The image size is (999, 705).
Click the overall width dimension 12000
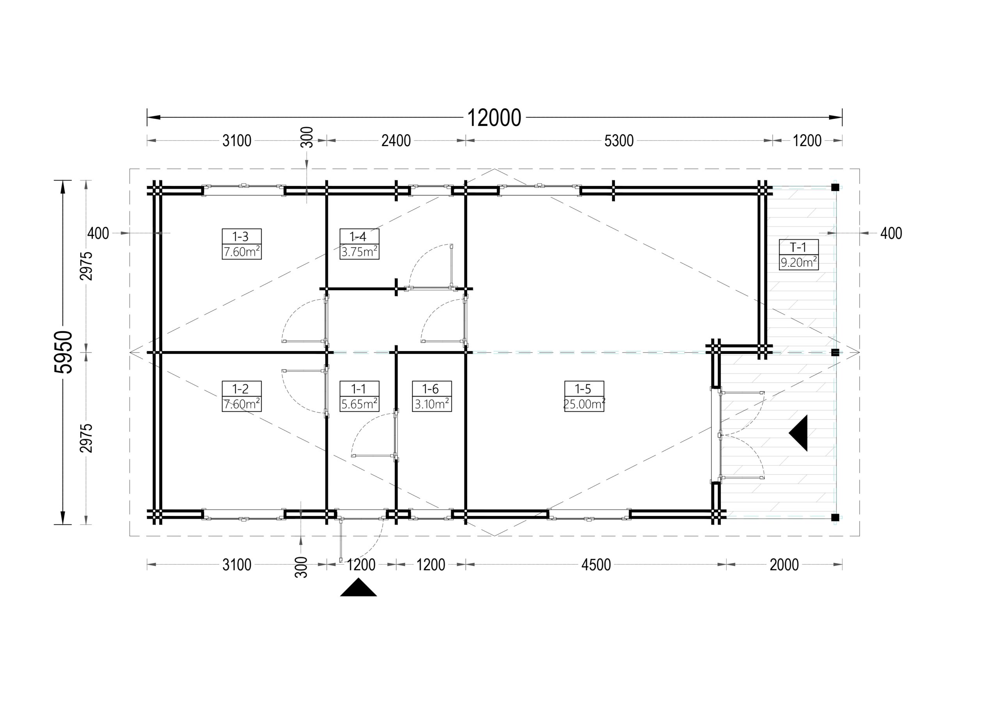pos(494,118)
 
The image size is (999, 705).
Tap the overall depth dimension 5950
pos(63,352)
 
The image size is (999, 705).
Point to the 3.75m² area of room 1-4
pos(359,252)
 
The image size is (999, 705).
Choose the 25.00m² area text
pos(584,404)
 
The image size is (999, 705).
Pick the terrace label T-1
pos(798,247)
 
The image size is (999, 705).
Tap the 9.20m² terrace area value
pos(798,263)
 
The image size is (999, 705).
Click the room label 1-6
pos(430,389)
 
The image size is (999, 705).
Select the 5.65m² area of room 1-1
pos(359,404)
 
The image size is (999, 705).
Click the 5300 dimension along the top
pos(619,141)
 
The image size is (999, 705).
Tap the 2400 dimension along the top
pos(396,141)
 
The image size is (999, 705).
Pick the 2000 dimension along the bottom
pos(784,565)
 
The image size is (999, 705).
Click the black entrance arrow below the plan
pos(359,588)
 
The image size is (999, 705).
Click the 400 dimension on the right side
pos(891,233)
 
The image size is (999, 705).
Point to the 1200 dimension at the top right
pos(807,141)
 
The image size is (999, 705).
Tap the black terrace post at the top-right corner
pos(835,188)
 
